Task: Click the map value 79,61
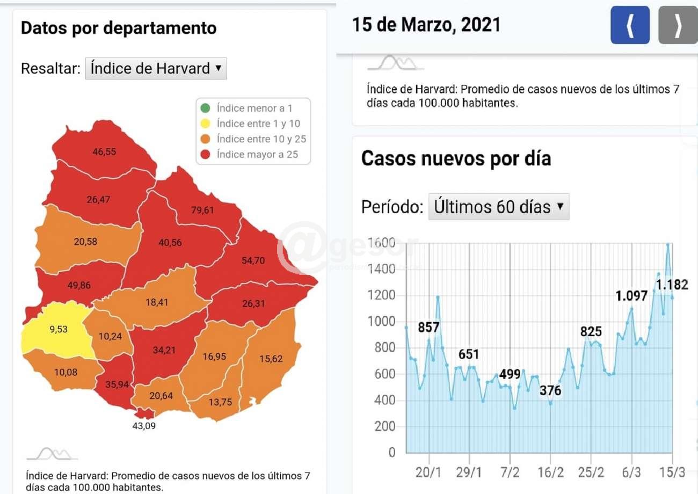pyautogui.click(x=202, y=210)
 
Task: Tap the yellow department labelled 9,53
pyautogui.click(x=59, y=329)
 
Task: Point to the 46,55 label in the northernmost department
pyautogui.click(x=104, y=152)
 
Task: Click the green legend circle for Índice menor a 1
pyautogui.click(x=205, y=108)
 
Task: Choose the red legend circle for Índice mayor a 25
pyautogui.click(x=205, y=155)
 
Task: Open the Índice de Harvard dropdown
pyautogui.click(x=156, y=69)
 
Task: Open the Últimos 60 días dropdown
pyautogui.click(x=498, y=207)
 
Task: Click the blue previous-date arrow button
pyautogui.click(x=630, y=25)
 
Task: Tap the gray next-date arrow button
pyautogui.click(x=678, y=25)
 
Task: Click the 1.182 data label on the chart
pyautogui.click(x=672, y=285)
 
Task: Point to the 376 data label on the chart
pyautogui.click(x=550, y=390)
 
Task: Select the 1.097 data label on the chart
pyautogui.click(x=632, y=295)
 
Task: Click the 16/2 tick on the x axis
pyautogui.click(x=550, y=473)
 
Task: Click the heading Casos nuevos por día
pyautogui.click(x=456, y=159)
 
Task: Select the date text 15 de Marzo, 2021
pyautogui.click(x=426, y=25)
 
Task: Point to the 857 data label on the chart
pyautogui.click(x=429, y=327)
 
